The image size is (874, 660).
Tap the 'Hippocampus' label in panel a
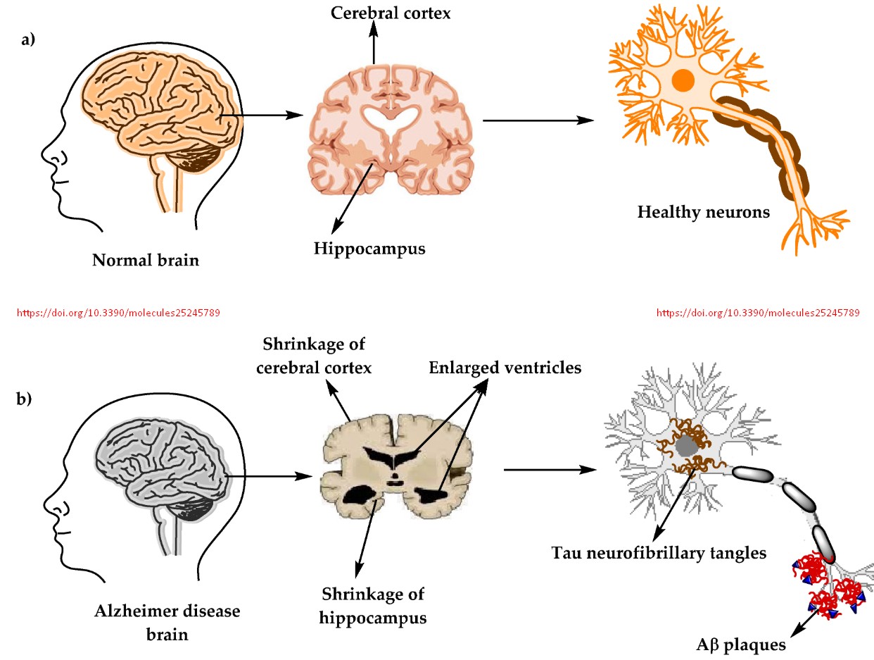(370, 248)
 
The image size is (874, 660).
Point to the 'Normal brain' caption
(146, 261)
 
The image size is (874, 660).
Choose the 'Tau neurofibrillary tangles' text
(658, 553)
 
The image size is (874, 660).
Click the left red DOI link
(118, 311)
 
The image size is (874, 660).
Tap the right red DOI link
(757, 311)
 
